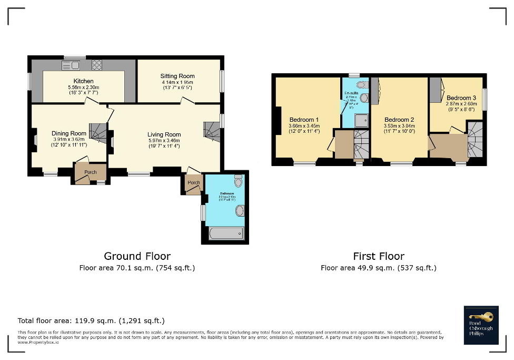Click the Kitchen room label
pyautogui.click(x=84, y=81)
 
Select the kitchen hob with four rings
pyautogui.click(x=97, y=65)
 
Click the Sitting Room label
pyautogui.click(x=177, y=76)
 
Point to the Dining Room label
pyautogui.click(x=69, y=133)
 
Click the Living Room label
pyautogui.click(x=164, y=134)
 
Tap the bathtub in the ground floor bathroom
pyautogui.click(x=226, y=233)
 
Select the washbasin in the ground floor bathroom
pyautogui.click(x=240, y=211)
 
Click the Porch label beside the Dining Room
pyautogui.click(x=91, y=171)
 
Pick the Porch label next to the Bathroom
pyautogui.click(x=194, y=182)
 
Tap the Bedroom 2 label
pyautogui.click(x=399, y=120)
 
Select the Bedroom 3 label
pyautogui.click(x=461, y=98)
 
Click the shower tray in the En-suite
pyautogui.click(x=361, y=121)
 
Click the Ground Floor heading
pyautogui.click(x=137, y=256)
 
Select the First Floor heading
pyautogui.click(x=379, y=256)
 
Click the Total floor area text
pyautogui.click(x=91, y=320)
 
